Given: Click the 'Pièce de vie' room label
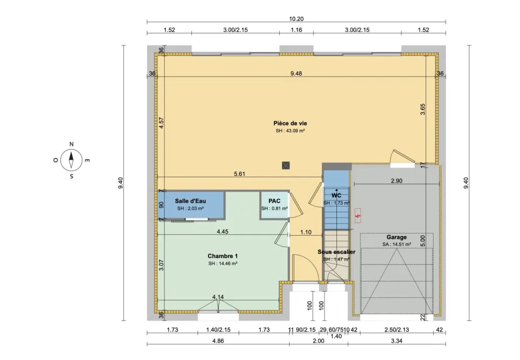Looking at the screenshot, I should (x=290, y=123).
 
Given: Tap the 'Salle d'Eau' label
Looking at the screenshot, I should (x=190, y=201).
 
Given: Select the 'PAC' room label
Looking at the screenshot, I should (x=274, y=201).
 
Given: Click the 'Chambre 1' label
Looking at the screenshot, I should (x=223, y=256).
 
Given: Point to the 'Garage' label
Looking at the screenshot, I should (x=396, y=237).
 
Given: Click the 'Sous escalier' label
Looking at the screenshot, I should (x=336, y=252).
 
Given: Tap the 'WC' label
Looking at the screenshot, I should (x=336, y=196).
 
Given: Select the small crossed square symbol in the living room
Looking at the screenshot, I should (x=285, y=165).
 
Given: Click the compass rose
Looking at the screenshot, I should (x=71, y=160).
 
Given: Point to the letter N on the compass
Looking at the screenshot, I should (x=71, y=145).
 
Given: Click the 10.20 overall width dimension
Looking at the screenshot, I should (x=296, y=19).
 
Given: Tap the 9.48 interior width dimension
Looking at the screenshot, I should (x=296, y=73).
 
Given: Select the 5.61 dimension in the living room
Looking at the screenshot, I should (x=239, y=174).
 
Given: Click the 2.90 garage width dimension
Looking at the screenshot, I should (x=396, y=180).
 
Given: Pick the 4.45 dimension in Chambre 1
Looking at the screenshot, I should (x=223, y=232).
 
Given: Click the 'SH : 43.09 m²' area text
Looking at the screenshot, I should (x=290, y=131).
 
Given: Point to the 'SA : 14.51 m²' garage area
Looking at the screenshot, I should (x=396, y=244).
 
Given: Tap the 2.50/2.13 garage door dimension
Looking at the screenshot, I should (x=396, y=330).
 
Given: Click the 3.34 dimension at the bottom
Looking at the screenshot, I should (x=396, y=341).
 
